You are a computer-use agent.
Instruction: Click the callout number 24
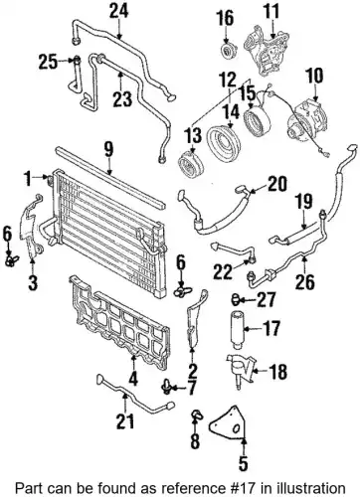click(x=119, y=12)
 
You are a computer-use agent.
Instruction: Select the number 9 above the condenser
click(x=108, y=150)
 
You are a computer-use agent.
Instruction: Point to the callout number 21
click(x=125, y=421)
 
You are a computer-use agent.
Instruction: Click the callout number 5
click(x=243, y=462)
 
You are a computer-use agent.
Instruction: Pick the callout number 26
click(x=305, y=281)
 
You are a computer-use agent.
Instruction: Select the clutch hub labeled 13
click(x=189, y=164)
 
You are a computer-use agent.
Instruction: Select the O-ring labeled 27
click(x=236, y=299)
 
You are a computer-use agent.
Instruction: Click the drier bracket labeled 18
click(x=242, y=372)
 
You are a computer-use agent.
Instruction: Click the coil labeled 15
click(x=257, y=122)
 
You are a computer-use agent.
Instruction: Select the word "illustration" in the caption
click(x=312, y=488)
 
